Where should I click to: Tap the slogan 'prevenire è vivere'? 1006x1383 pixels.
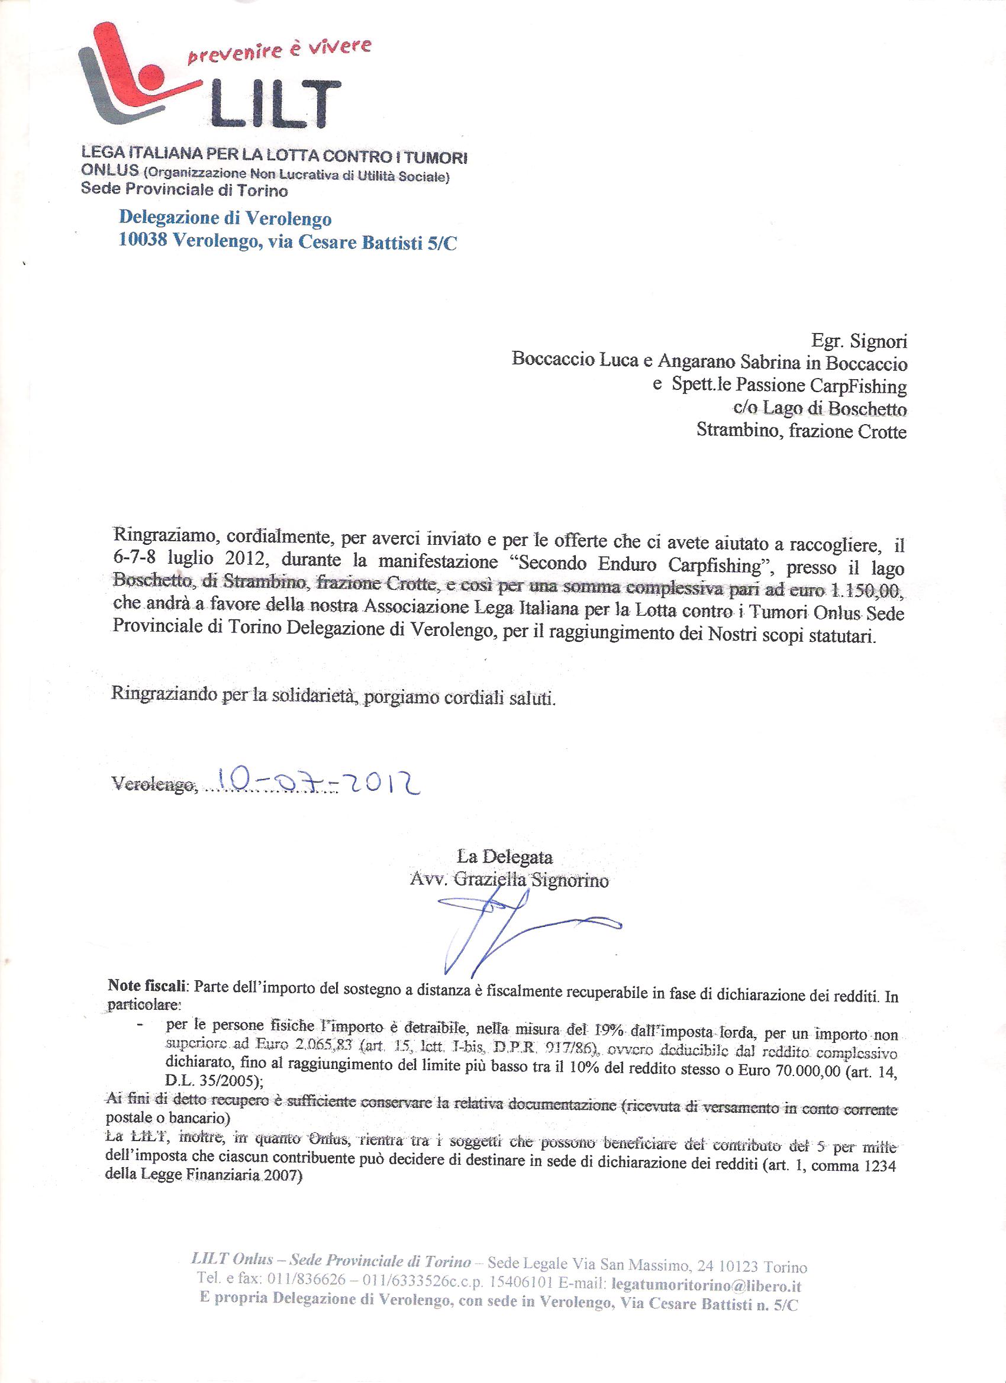279,52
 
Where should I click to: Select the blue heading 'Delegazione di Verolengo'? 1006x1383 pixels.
225,218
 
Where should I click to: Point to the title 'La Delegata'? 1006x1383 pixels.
505,857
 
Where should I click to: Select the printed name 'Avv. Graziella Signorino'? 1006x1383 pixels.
510,881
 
